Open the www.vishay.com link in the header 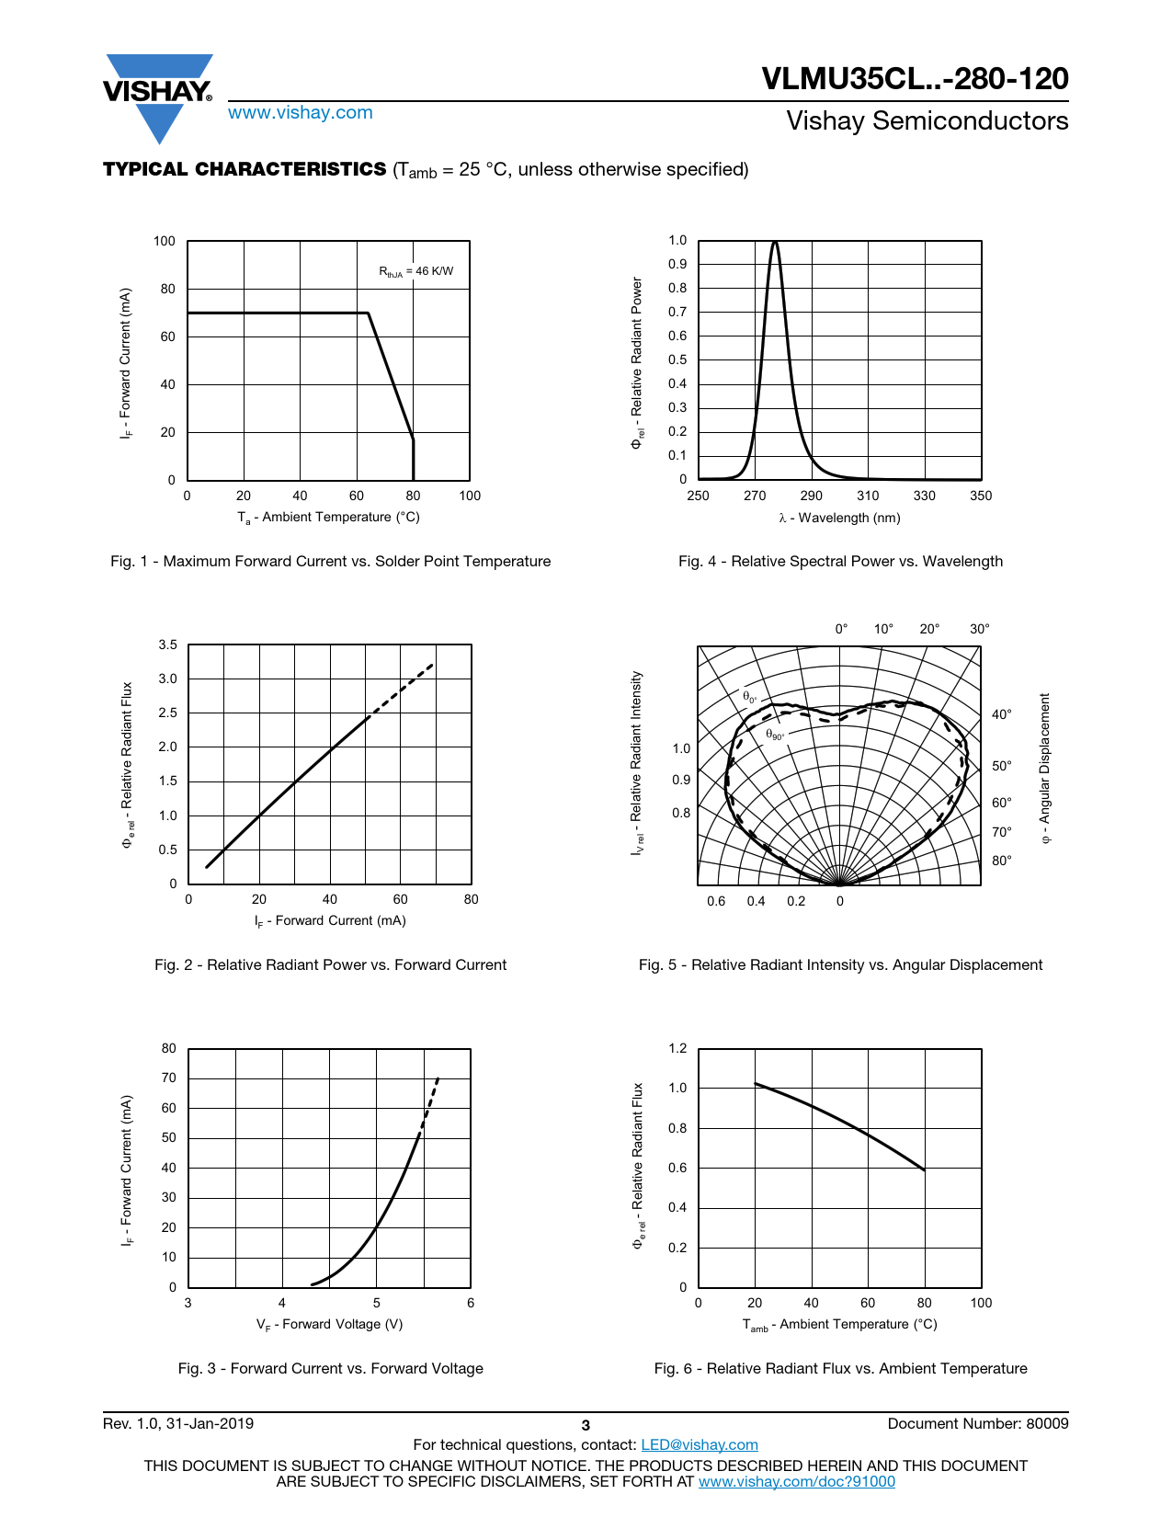(x=300, y=113)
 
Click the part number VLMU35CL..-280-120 (x=915, y=79)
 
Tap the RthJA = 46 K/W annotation (x=415, y=271)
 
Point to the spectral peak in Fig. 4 (x=776, y=244)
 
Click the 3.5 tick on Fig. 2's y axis (x=167, y=645)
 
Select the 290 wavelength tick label (x=811, y=496)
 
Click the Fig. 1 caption (x=330, y=562)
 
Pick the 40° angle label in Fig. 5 (x=1001, y=714)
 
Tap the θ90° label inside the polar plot (x=774, y=735)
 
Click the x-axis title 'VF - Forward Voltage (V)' (x=329, y=1325)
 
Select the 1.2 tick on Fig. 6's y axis (x=677, y=1049)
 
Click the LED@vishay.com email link (x=699, y=1445)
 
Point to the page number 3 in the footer (x=586, y=1426)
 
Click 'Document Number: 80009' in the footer (x=977, y=1424)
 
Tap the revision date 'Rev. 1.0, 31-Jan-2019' (x=178, y=1424)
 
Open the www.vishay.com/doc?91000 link (x=796, y=1482)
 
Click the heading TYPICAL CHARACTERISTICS (x=245, y=169)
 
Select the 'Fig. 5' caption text (x=840, y=965)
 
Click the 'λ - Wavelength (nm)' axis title (x=839, y=519)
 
